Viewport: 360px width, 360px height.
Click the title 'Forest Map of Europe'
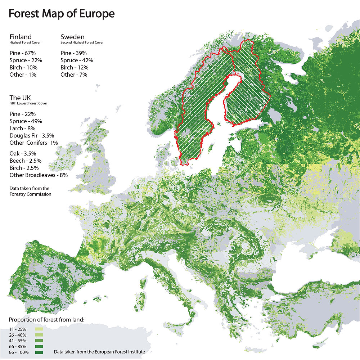62,14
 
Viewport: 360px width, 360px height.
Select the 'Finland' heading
21,37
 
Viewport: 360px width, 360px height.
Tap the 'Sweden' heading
72,37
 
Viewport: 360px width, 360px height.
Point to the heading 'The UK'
20,98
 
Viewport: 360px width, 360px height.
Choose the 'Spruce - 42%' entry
77,60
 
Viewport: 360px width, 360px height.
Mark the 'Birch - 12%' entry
75,67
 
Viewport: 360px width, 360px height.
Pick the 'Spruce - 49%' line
26,121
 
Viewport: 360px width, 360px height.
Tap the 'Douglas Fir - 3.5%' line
32,135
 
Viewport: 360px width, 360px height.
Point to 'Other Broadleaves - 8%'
39,175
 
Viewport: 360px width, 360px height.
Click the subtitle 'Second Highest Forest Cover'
82,42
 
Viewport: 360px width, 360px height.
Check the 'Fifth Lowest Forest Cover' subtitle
28,104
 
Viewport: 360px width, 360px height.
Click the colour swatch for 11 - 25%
39,329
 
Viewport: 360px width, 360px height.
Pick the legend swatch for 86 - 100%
39,352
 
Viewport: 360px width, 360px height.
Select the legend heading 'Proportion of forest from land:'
46,319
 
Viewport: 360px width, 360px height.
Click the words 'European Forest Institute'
117,352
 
